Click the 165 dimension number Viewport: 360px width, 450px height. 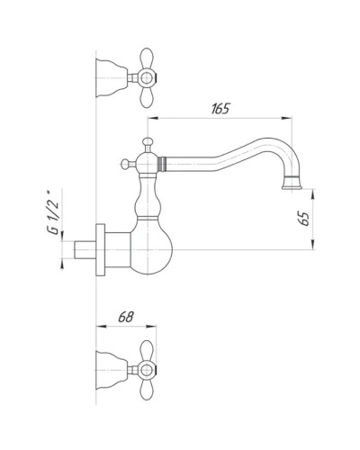221,109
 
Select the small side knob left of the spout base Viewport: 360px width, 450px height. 125,164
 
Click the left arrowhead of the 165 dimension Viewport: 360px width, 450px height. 152,118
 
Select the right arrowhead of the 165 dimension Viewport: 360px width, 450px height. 291,118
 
